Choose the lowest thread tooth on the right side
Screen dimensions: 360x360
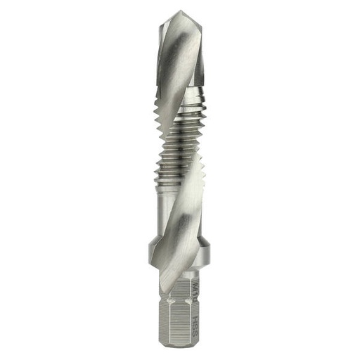[205, 184]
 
